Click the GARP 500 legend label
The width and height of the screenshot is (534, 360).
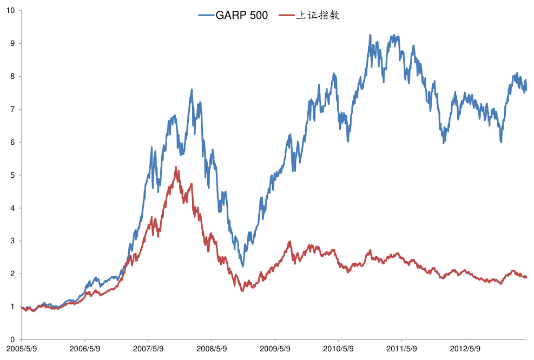[241, 16]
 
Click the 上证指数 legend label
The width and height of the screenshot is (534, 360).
[318, 16]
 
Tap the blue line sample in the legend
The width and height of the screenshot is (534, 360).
[206, 16]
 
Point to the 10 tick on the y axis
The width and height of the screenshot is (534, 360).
[11, 10]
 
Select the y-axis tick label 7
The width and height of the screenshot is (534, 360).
[13, 109]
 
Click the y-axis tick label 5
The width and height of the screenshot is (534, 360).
[13, 175]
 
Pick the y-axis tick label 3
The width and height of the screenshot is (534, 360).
[13, 241]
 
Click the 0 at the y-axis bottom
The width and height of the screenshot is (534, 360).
[13, 339]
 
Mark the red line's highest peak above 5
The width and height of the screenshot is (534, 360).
[176, 167]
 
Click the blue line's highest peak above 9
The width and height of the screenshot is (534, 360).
[370, 35]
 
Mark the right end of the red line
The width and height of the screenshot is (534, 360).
[526, 277]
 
